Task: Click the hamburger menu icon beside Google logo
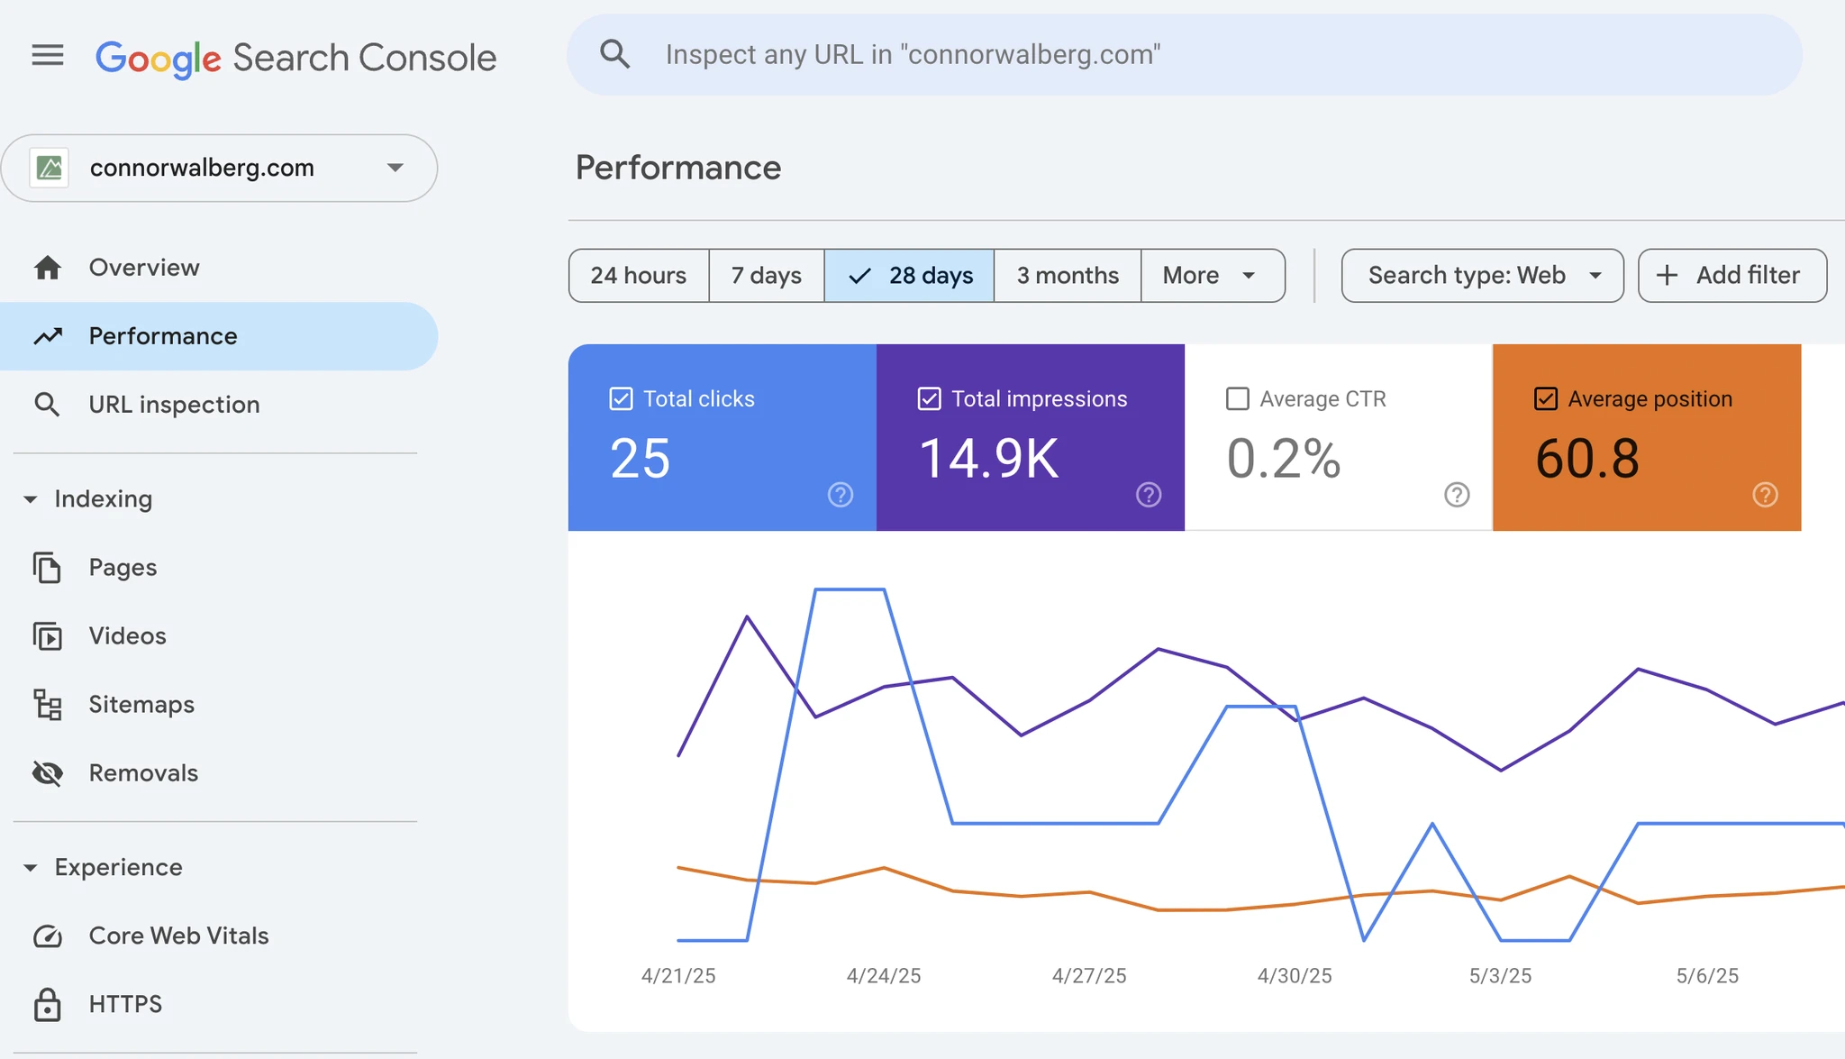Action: [48, 56]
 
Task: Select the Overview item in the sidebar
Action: [144, 268]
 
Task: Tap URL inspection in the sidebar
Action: [174, 405]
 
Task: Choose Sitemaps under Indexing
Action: [141, 705]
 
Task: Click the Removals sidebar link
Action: [143, 773]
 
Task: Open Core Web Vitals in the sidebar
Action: [178, 936]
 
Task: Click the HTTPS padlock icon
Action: [48, 1004]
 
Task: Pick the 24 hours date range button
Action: [639, 276]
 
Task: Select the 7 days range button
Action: [766, 276]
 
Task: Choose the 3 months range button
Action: [1068, 276]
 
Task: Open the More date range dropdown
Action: [1212, 276]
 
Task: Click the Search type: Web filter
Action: [1482, 276]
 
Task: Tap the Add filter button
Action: [1731, 276]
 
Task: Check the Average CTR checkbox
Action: [1238, 399]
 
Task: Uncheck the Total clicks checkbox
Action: [621, 399]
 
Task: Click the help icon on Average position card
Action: [1765, 495]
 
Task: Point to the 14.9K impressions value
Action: [988, 459]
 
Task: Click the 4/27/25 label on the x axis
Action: [1089, 976]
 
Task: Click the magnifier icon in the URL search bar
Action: [614, 54]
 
